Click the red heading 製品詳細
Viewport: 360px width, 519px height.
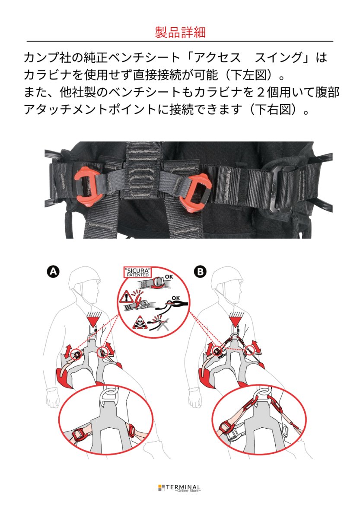pos(180,32)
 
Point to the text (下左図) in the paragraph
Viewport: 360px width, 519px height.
pos(251,75)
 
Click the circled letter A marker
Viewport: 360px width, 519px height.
pos(52,271)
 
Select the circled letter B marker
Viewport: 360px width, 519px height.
pos(200,271)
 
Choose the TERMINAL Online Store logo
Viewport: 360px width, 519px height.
pos(180,488)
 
